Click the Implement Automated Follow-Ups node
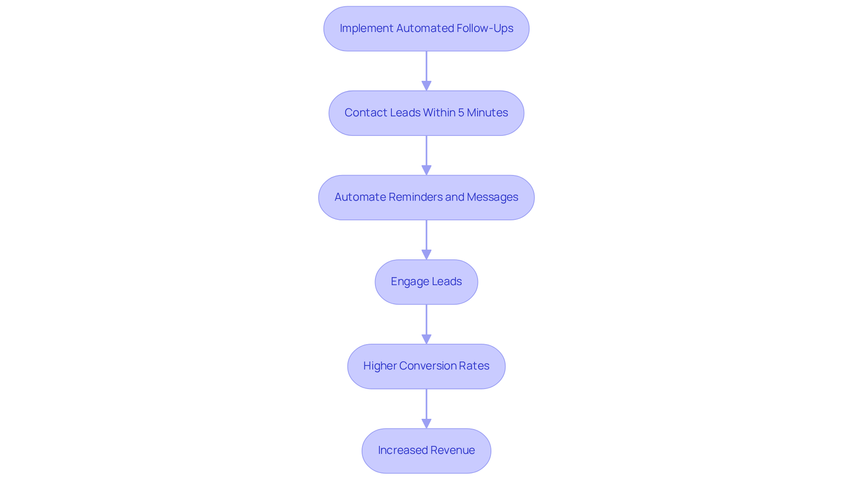[x=426, y=28]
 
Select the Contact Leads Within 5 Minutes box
[x=426, y=113]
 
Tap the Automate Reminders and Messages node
[x=426, y=197]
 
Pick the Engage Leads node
[x=426, y=282]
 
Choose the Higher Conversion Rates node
[x=426, y=366]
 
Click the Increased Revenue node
[x=426, y=450]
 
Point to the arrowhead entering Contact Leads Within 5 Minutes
[x=426, y=86]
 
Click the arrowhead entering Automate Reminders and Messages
[x=426, y=170]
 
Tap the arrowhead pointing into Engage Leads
[x=426, y=254]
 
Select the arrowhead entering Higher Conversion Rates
[x=426, y=339]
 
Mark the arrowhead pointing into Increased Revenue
[x=426, y=423]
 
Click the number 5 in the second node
[x=461, y=113]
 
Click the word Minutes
[x=487, y=113]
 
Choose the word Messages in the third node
[x=492, y=197]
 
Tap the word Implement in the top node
[x=366, y=28]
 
